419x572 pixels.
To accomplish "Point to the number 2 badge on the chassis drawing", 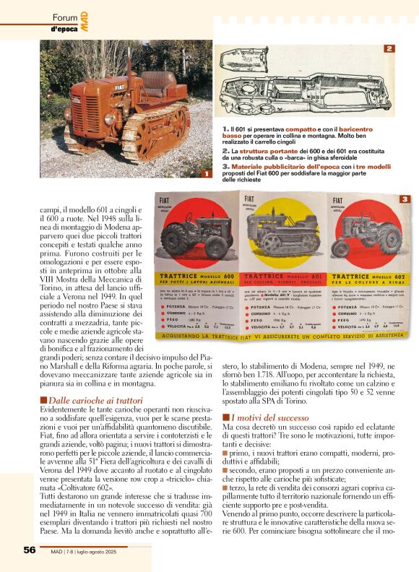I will [x=389, y=49].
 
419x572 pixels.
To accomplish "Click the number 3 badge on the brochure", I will [x=405, y=199].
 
